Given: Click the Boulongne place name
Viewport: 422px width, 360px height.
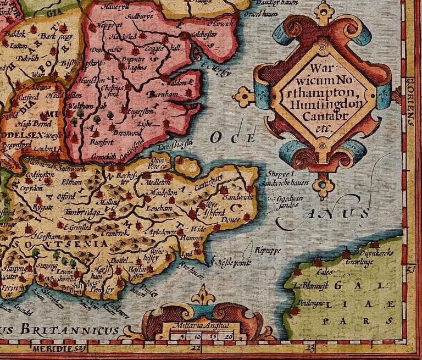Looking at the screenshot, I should pos(311,302).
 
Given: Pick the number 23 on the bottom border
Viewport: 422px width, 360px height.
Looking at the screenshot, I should pos(312,347).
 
